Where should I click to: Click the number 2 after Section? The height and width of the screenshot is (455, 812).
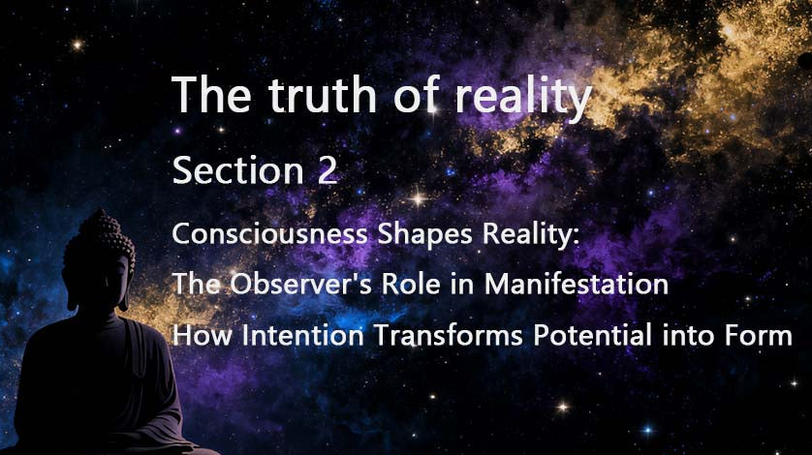click(327, 171)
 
